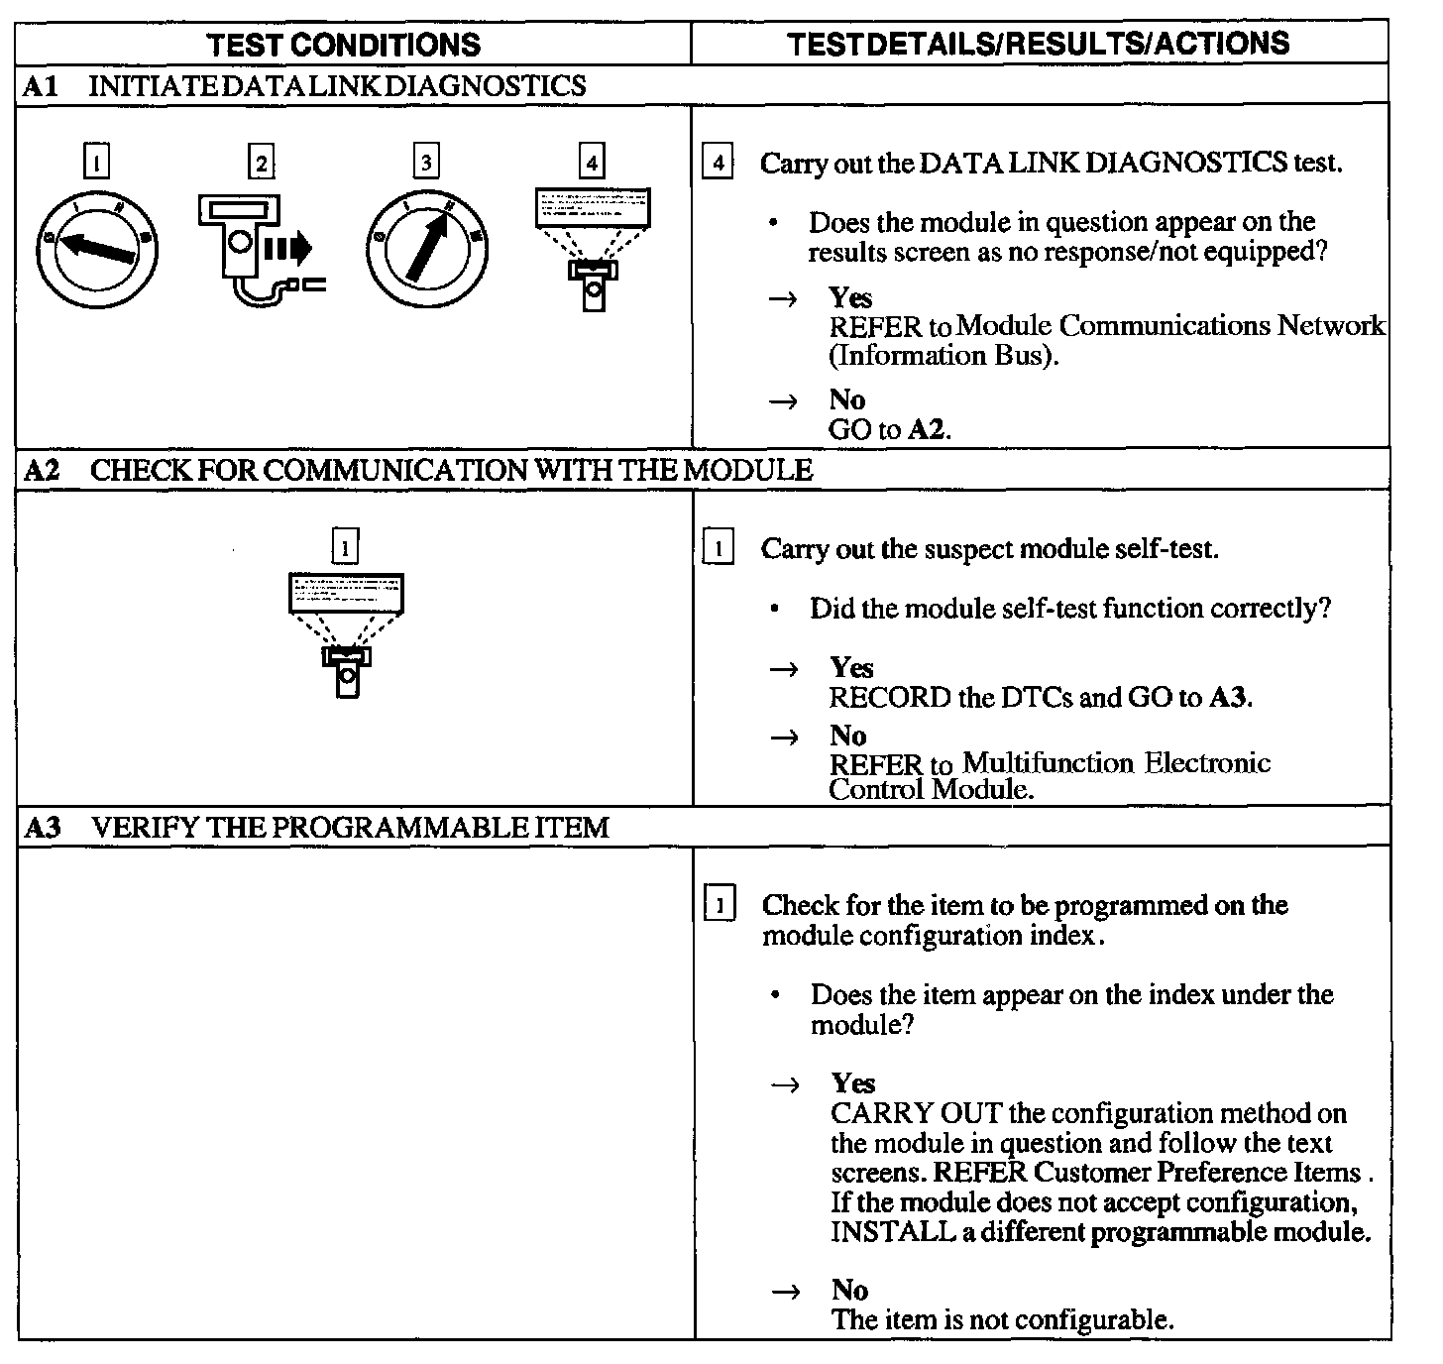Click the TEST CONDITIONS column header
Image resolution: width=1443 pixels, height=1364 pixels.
[x=345, y=44]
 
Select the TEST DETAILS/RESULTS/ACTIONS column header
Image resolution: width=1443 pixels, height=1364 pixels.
[x=1039, y=43]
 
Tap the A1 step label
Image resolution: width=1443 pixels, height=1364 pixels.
[x=41, y=86]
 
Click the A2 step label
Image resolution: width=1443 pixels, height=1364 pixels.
[x=42, y=470]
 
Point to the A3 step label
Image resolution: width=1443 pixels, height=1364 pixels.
[x=43, y=828]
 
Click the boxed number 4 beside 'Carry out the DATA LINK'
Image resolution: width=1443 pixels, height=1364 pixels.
[x=718, y=162]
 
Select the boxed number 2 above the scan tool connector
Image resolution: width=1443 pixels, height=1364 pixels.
[x=261, y=162]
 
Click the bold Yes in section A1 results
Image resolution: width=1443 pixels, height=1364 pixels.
[x=850, y=297]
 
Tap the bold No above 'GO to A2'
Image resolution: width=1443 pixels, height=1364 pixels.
[x=847, y=399]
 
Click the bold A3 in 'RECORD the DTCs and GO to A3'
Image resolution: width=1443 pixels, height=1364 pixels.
[x=1228, y=697]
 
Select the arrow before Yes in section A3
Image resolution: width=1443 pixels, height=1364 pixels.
[x=786, y=1084]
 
